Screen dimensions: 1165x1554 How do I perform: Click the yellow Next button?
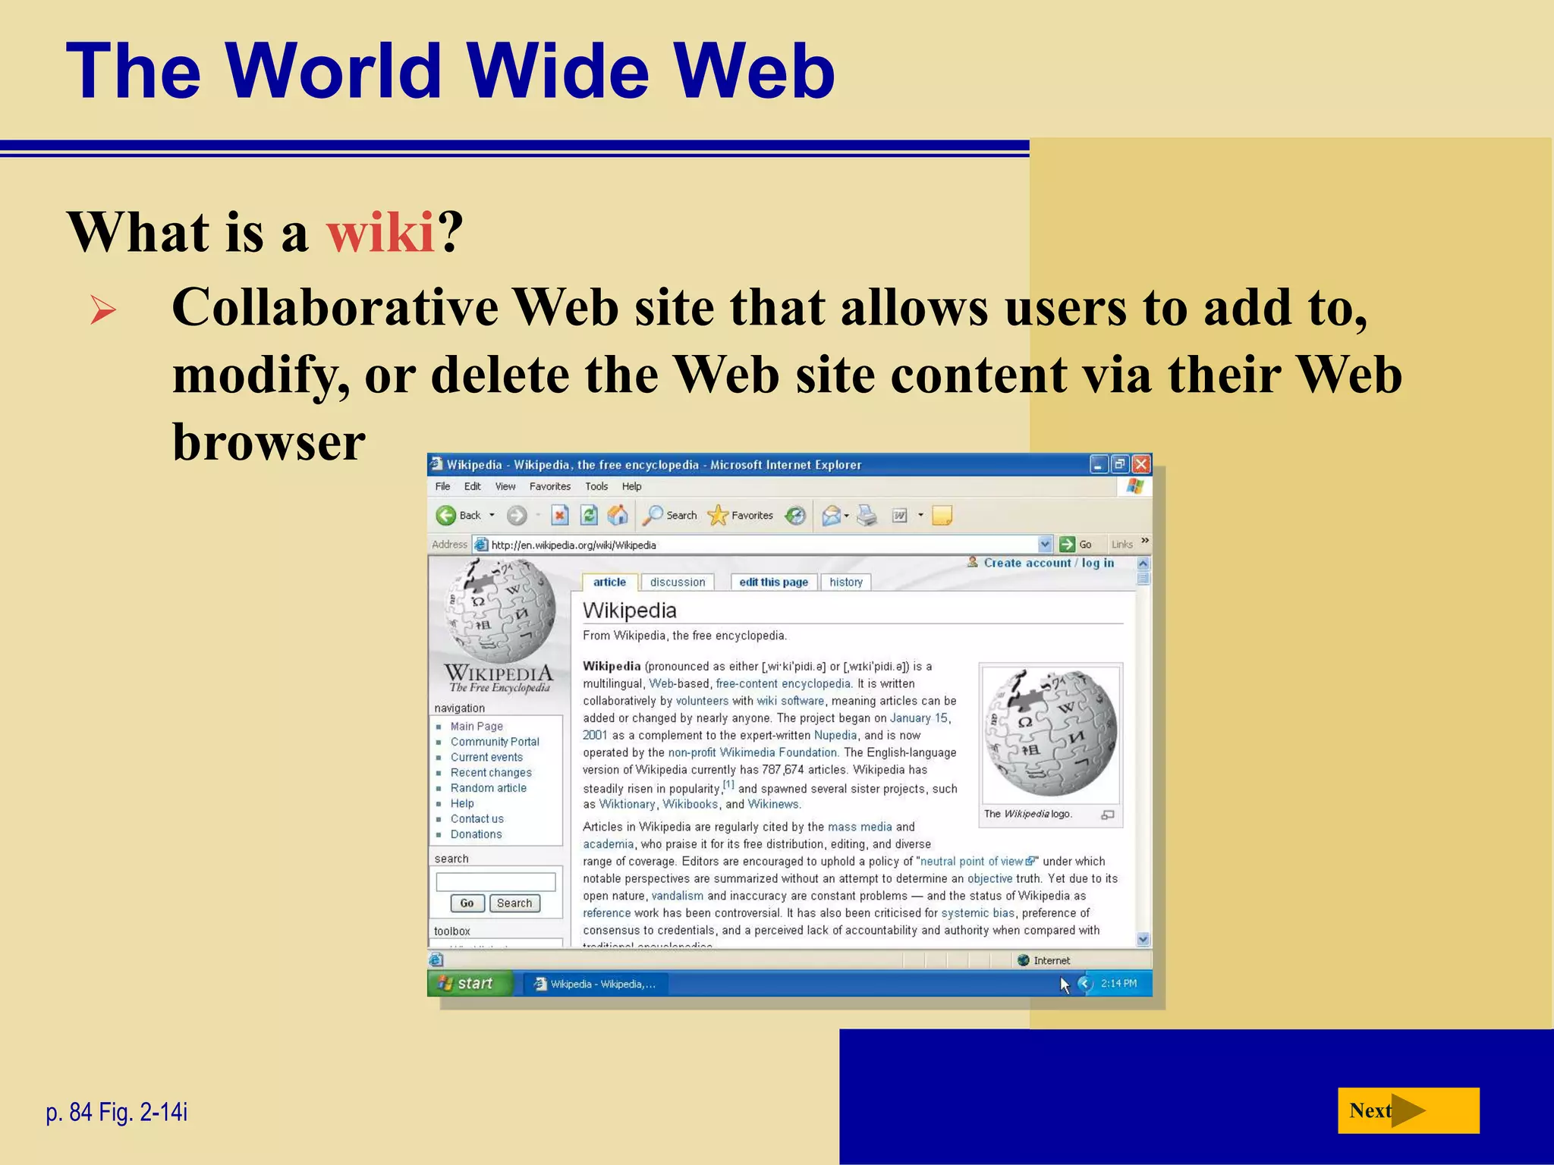pos(1408,1110)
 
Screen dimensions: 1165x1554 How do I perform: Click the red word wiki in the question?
pos(380,231)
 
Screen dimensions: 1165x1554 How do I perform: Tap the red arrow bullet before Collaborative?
pos(103,310)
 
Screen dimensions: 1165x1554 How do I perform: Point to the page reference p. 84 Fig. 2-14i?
pos(117,1112)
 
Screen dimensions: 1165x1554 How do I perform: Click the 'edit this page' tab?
pos(773,582)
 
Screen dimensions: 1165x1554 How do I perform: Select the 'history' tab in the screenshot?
pos(845,582)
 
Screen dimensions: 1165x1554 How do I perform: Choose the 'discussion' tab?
pos(677,582)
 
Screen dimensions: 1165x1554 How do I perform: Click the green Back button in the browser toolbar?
pos(447,516)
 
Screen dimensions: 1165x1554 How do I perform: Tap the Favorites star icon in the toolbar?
pos(718,516)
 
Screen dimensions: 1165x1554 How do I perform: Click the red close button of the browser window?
pos(1140,464)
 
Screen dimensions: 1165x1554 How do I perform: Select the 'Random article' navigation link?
pos(488,788)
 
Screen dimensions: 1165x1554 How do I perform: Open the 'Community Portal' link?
pos(495,742)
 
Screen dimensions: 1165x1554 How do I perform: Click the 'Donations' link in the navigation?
pos(476,834)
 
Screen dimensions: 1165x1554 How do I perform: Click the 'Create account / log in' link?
pos(1049,563)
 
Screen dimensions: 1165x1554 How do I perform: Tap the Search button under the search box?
pos(514,903)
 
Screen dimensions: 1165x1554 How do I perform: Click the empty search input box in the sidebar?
pos(495,881)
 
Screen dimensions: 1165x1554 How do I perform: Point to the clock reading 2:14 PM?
pos(1118,984)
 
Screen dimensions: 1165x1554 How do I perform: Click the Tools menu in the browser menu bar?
pos(596,487)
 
